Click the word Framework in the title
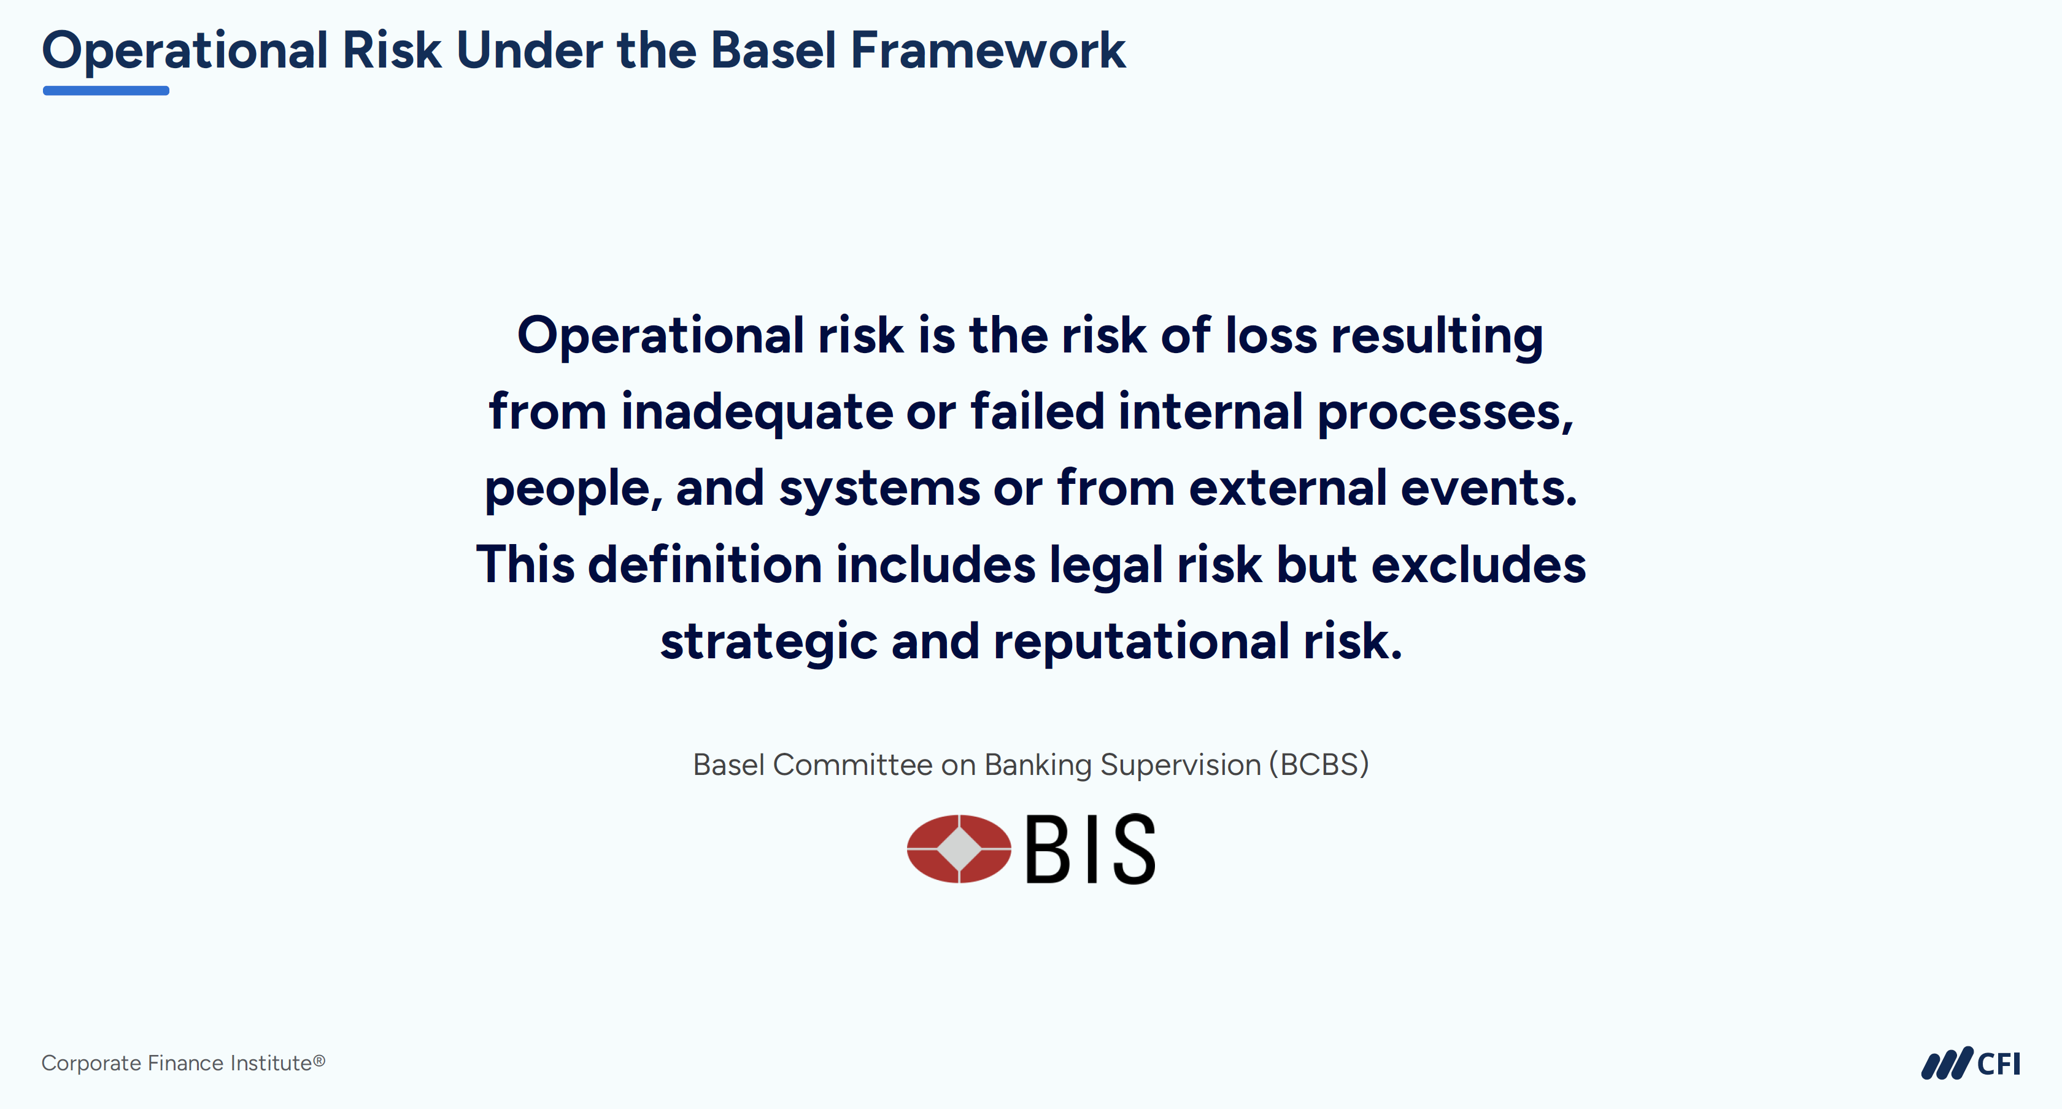[x=988, y=50]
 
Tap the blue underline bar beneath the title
[x=106, y=90]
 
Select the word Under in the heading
[x=529, y=50]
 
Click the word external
[x=1287, y=488]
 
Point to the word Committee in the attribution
[x=852, y=765]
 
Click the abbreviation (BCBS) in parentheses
[x=1318, y=765]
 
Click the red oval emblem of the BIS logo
[x=959, y=849]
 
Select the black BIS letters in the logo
[x=1091, y=849]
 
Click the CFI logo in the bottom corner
[x=1971, y=1062]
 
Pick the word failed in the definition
[x=1037, y=411]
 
